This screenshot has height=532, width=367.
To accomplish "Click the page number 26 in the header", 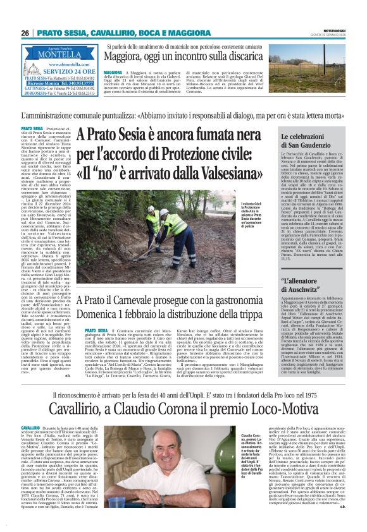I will point(25,33).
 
